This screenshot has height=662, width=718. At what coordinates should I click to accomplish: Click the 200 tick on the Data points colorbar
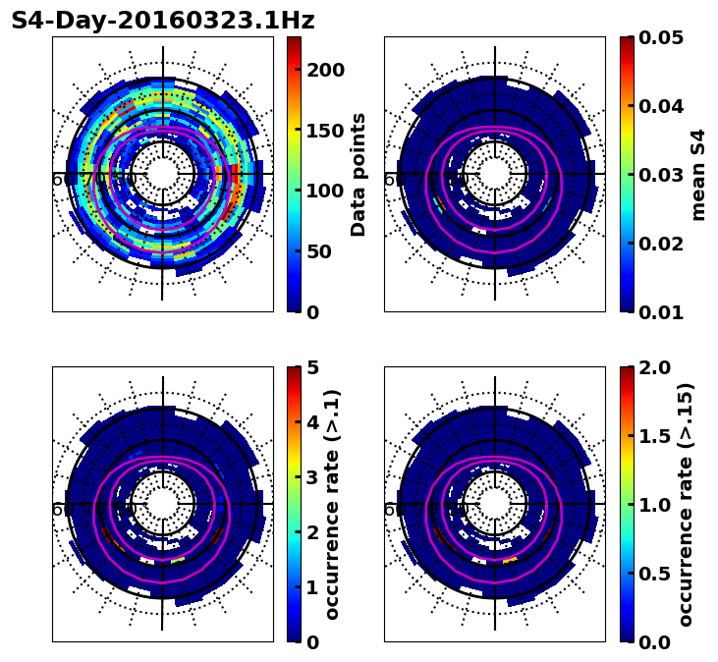[x=324, y=70]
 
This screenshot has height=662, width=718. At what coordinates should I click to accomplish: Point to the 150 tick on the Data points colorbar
[x=324, y=131]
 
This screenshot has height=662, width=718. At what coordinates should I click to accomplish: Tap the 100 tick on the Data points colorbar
[x=324, y=191]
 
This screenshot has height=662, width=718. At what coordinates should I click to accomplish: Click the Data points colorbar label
[x=359, y=174]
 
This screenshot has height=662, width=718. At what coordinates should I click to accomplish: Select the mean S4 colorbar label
[x=698, y=174]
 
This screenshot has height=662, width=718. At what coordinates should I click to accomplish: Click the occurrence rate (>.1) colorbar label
[x=333, y=504]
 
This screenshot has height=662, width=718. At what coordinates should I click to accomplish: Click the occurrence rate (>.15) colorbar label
[x=686, y=504]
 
